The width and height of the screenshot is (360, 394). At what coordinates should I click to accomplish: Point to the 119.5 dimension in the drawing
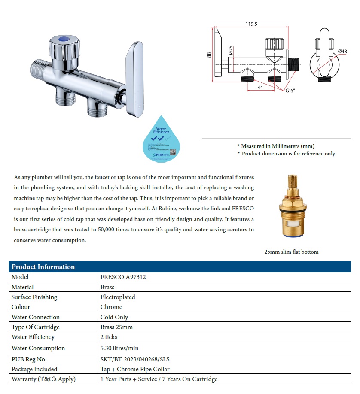[251, 24]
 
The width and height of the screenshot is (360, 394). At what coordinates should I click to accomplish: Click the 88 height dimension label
[209, 55]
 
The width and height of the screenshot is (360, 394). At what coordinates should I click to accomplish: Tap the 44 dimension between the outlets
[260, 88]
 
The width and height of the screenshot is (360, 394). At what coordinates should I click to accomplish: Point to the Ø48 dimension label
[342, 52]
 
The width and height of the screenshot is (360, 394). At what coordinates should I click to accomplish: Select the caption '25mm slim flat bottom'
[291, 252]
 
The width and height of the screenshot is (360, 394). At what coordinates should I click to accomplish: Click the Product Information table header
[43, 267]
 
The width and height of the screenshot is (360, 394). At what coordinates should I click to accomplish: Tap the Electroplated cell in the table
[118, 297]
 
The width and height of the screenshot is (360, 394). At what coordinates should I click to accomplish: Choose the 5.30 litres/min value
[119, 348]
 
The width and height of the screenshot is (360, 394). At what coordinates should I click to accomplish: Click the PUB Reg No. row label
[29, 359]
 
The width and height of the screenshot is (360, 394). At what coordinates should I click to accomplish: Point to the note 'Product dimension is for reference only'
[289, 154]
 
